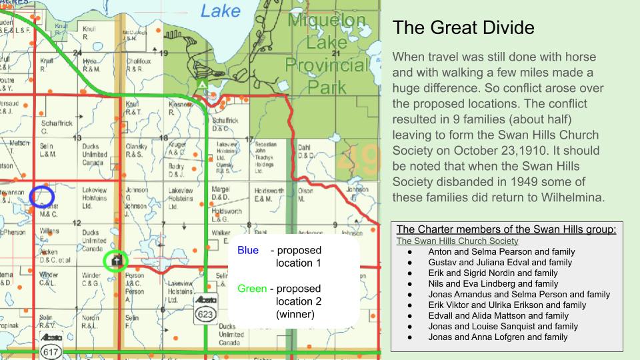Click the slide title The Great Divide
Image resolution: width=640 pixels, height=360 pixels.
tap(463, 28)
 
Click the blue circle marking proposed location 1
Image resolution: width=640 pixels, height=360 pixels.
tap(41, 196)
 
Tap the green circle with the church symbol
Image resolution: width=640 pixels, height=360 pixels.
tap(117, 260)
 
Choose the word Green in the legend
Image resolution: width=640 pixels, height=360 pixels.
tap(253, 289)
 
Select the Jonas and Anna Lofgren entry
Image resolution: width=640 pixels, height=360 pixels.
tap(498, 337)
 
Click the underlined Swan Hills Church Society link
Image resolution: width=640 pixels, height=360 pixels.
tap(457, 241)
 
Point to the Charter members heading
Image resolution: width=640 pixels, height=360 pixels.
tap(506, 230)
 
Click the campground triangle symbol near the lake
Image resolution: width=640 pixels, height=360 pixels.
tap(201, 85)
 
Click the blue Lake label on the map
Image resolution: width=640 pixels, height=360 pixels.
tap(221, 11)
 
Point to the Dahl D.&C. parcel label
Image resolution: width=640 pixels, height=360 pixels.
tap(305, 151)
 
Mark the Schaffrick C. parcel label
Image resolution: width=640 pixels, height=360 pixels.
tap(56, 126)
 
